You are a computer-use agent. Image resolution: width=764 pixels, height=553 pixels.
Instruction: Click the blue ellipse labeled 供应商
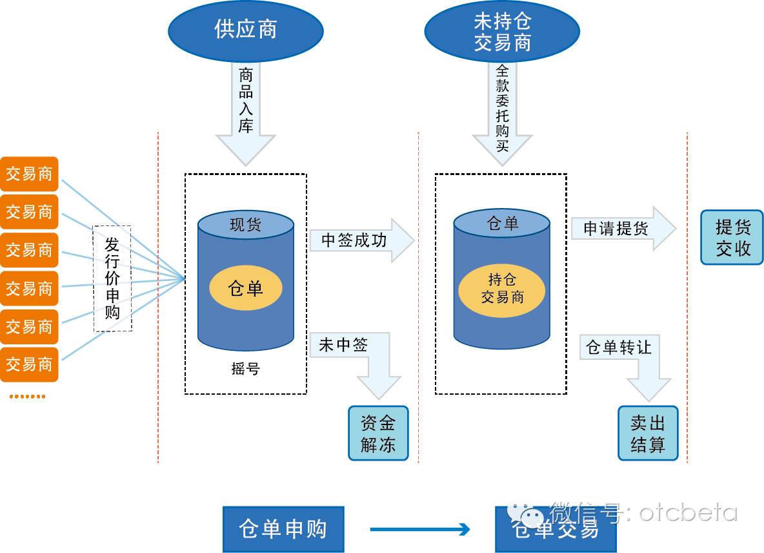coord(245,30)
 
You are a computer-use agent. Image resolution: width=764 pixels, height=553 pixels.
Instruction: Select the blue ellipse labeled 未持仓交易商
coord(502,32)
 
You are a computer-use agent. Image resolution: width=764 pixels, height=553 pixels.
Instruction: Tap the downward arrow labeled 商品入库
coord(245,110)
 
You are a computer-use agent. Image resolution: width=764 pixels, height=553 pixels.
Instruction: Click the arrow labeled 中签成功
coord(360,240)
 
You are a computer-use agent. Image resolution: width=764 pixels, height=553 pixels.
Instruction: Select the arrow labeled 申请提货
coord(621,229)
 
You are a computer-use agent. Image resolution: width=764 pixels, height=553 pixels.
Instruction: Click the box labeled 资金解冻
coord(378,433)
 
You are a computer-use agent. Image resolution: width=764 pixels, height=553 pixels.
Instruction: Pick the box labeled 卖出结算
coord(648,433)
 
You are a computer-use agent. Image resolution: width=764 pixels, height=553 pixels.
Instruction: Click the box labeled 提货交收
coord(732,238)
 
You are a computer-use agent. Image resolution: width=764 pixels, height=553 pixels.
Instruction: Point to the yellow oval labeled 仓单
coord(246,288)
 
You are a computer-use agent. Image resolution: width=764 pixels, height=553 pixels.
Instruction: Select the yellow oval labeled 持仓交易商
coord(502,289)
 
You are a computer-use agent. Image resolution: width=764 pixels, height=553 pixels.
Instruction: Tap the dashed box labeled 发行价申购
coord(112,278)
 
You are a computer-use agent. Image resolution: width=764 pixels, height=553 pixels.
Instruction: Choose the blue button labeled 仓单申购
coord(283,529)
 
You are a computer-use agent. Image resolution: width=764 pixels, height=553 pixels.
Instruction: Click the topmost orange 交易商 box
coord(29,174)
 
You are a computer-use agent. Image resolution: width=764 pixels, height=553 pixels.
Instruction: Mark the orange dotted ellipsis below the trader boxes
coord(27,396)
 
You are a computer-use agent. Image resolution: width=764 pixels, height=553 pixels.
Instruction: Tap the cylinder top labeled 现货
coord(246,225)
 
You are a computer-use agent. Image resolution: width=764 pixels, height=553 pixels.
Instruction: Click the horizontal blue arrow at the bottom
coord(419,530)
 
